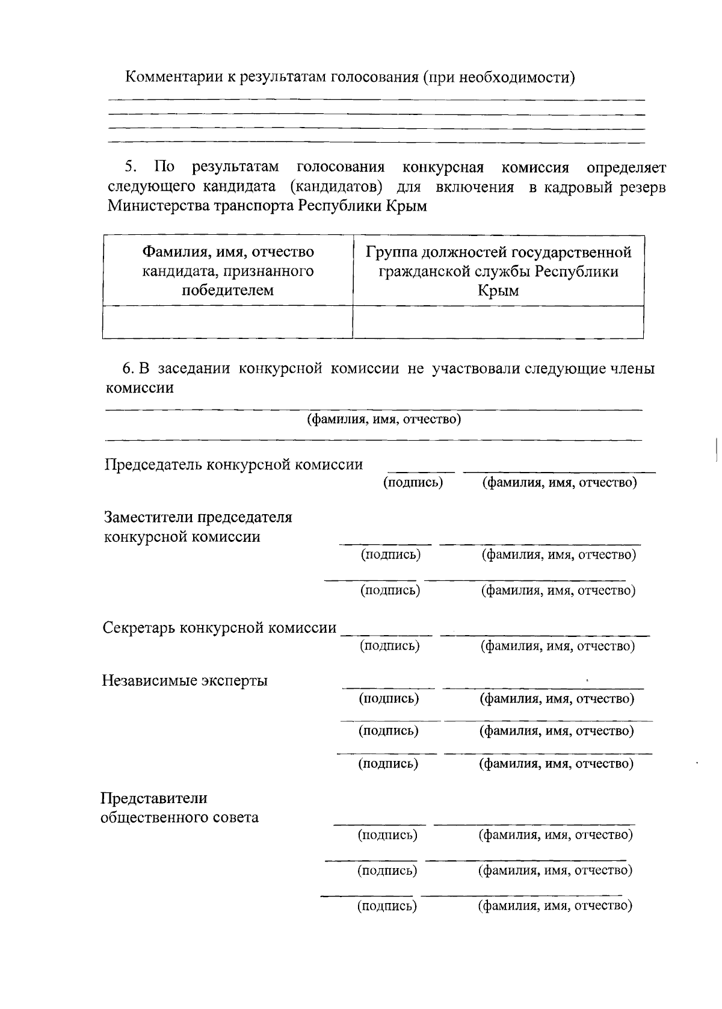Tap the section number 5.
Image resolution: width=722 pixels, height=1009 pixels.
coord(131,167)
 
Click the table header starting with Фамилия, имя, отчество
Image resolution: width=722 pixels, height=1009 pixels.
coord(227,270)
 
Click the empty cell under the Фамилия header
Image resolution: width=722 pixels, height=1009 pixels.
coord(227,322)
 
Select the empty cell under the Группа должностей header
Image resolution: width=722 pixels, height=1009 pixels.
coord(498,322)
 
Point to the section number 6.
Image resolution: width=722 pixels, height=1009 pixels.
coord(127,368)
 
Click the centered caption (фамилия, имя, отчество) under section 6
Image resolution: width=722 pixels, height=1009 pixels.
coord(384,419)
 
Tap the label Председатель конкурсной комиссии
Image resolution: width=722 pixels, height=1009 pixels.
coord(234,464)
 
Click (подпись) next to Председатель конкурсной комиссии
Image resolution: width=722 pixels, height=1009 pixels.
coord(413,482)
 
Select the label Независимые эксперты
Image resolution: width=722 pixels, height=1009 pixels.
coord(185,681)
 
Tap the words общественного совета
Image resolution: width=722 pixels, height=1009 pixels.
coord(179,818)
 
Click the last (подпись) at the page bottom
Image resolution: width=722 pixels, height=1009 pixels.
coord(387,906)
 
